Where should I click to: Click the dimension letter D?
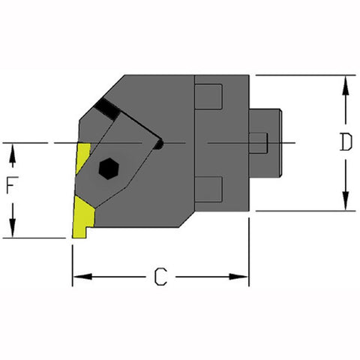pos(344,142)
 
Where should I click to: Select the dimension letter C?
pos(160,277)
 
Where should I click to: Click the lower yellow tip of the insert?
pos(82,219)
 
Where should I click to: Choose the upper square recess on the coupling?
pos(209,97)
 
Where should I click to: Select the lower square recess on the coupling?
pos(209,188)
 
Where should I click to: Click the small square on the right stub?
pos(258,142)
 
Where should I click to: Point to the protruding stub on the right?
pos(265,142)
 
